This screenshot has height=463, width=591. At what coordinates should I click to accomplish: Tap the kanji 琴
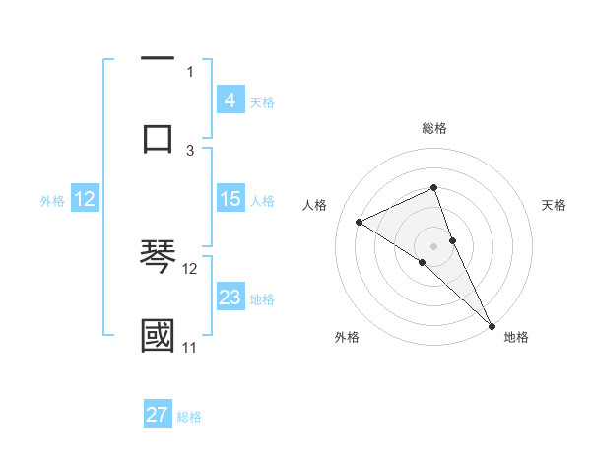(x=158, y=257)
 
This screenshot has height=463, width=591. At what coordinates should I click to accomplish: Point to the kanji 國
(x=158, y=335)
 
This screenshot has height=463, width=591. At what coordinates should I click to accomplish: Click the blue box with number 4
(x=230, y=100)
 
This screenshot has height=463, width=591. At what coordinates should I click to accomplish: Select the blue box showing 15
(x=230, y=199)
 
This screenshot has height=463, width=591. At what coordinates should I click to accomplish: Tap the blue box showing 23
(x=230, y=298)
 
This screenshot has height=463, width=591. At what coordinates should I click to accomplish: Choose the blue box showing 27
(x=158, y=415)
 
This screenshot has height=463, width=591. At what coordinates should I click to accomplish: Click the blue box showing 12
(x=85, y=199)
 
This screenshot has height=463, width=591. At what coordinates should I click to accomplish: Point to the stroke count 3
(x=190, y=150)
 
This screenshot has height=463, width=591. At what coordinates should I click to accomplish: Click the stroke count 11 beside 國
(x=189, y=347)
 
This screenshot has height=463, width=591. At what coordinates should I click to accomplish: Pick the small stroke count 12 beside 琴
(x=190, y=268)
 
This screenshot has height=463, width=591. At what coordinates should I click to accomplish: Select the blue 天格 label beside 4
(x=262, y=101)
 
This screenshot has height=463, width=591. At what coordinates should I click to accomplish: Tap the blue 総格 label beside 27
(x=189, y=416)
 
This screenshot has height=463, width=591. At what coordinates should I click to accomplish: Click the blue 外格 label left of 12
(x=52, y=200)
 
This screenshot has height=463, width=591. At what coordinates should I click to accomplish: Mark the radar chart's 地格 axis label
(x=516, y=337)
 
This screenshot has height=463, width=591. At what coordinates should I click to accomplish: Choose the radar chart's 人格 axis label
(x=315, y=204)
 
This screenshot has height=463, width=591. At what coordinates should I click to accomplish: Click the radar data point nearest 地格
(x=492, y=324)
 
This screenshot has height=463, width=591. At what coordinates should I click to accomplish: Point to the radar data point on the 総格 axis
(x=433, y=187)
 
